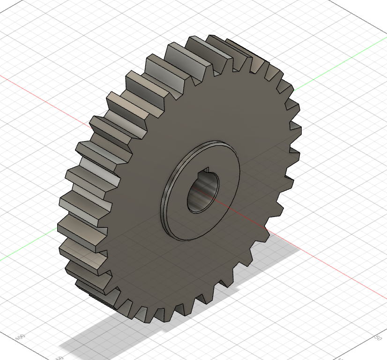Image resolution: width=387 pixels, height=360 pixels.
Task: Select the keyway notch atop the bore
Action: [207, 174]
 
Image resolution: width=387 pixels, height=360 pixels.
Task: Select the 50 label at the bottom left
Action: [59, 357]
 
